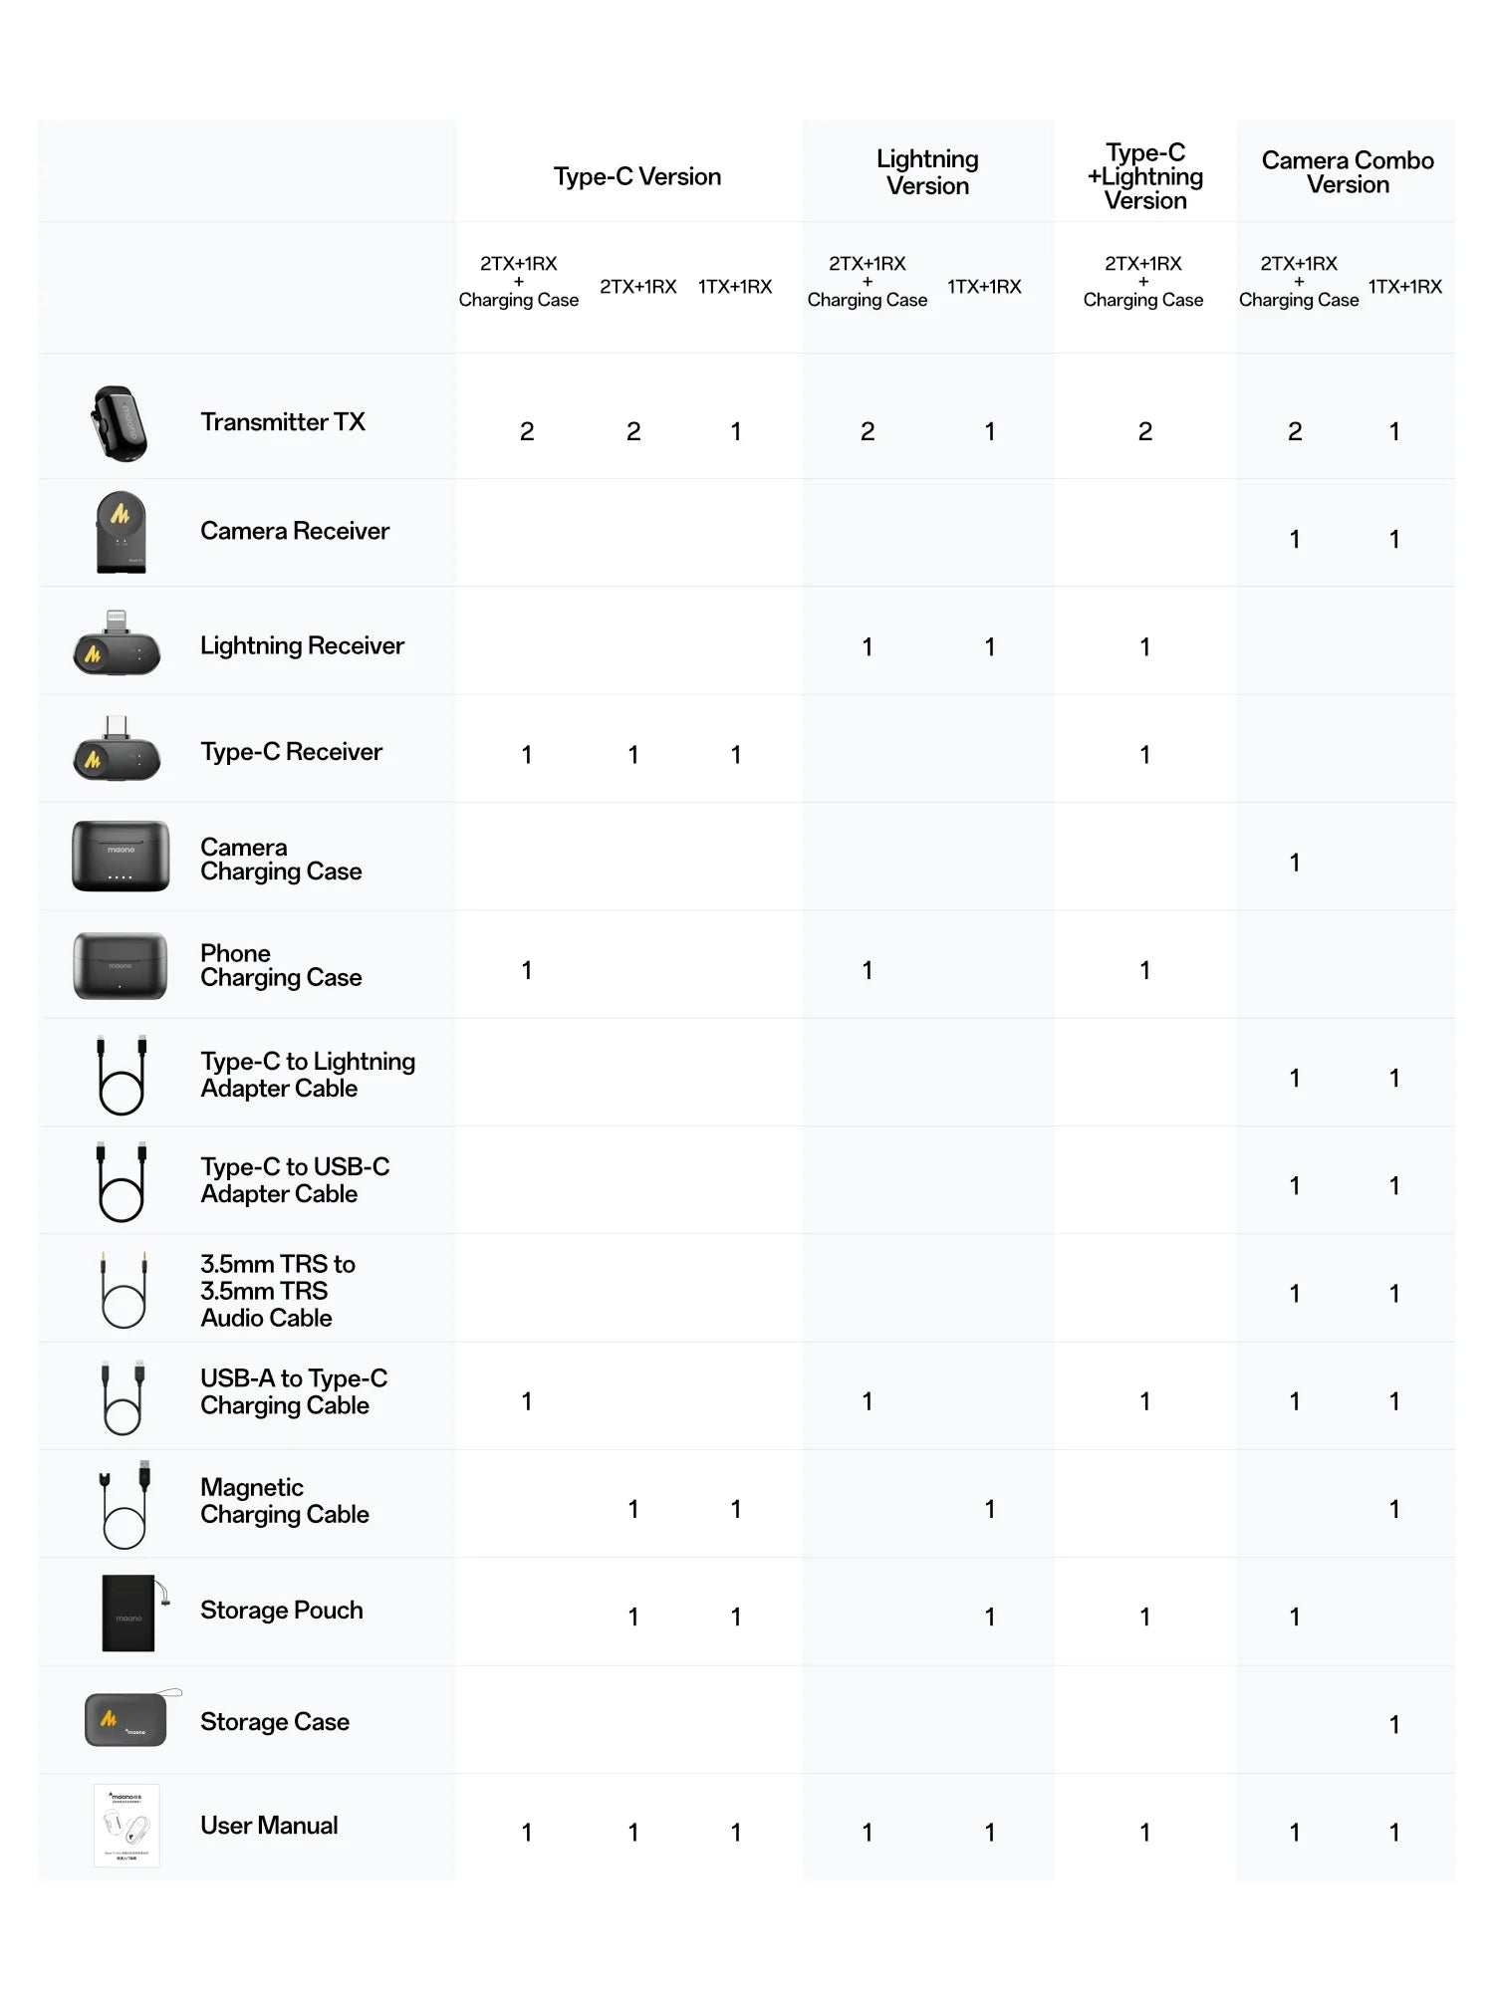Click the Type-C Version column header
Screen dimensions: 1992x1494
point(637,176)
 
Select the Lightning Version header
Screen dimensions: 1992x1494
point(927,172)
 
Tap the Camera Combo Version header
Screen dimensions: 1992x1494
point(1348,172)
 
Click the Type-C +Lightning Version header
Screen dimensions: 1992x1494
point(1145,176)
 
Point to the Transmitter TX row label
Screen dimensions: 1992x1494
point(283,422)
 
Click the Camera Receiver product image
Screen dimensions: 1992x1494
point(121,532)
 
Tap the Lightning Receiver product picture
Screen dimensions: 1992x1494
point(117,644)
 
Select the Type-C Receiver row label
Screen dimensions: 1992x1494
point(291,752)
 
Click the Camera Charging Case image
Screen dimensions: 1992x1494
point(121,856)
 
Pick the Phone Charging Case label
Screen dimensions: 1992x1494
point(281,965)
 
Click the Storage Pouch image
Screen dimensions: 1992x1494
point(129,1613)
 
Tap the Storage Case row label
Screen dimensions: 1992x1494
point(275,1722)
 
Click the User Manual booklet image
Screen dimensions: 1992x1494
point(126,1826)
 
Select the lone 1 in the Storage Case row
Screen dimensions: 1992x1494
point(1394,1724)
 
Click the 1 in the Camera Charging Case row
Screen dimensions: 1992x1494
point(1294,863)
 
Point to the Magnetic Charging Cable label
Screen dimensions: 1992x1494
point(285,1501)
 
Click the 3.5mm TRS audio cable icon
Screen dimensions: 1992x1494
point(124,1291)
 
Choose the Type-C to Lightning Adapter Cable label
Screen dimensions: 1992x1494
point(308,1075)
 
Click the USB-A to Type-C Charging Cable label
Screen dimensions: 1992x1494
point(294,1391)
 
